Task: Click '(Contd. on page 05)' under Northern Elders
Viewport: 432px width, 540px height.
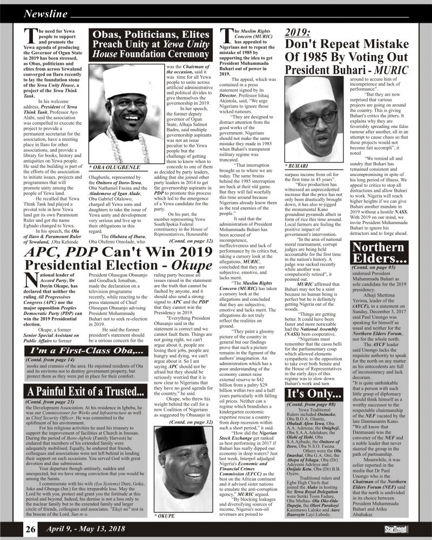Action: point(375,267)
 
